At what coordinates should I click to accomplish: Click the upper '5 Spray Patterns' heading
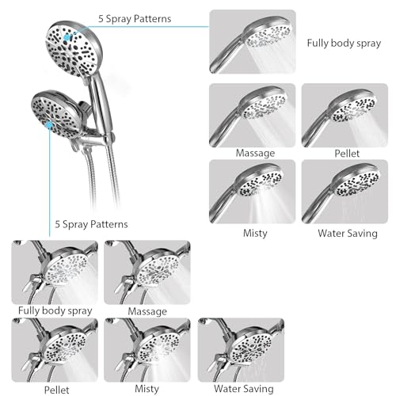coord(135,19)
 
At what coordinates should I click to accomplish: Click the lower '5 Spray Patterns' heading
coord(91,224)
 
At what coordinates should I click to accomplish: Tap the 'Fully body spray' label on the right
coord(344,44)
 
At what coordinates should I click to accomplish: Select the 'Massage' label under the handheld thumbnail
coord(255,153)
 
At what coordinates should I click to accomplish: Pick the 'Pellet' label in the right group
coord(347,154)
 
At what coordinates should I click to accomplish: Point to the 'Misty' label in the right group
coord(255,233)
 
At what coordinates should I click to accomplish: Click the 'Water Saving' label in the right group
coord(348,234)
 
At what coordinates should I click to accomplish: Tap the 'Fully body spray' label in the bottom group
coord(55,310)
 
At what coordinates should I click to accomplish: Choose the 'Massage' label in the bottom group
coord(147,311)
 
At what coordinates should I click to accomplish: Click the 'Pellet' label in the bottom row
coord(56,390)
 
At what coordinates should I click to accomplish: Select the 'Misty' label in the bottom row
coord(147,389)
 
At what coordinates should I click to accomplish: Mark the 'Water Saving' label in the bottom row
coord(244,389)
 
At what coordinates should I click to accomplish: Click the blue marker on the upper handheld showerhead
coord(67,37)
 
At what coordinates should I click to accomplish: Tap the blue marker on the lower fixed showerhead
coord(49,124)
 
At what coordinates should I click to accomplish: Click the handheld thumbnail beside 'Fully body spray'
coord(253,42)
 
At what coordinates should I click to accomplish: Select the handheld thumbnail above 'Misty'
coord(252,192)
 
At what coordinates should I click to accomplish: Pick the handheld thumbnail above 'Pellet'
coord(345,116)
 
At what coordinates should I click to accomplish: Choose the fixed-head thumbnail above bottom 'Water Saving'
coord(241,350)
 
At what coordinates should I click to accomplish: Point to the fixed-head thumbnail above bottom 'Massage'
coord(147,272)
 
